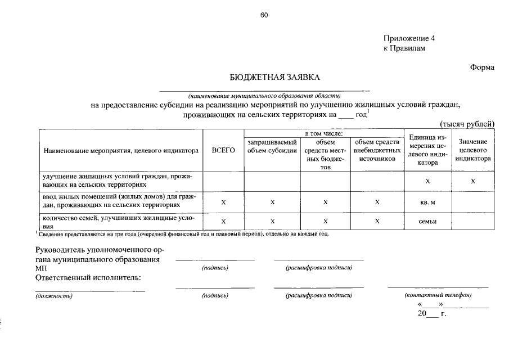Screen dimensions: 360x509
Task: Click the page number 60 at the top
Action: click(x=264, y=15)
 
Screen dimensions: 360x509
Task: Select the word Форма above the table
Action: click(x=482, y=67)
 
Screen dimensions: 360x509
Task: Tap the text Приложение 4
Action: click(x=409, y=39)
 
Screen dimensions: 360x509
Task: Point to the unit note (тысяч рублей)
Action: click(x=466, y=124)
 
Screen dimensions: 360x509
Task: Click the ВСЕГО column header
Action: click(x=223, y=151)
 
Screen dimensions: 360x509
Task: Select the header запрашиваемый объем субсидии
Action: click(x=272, y=146)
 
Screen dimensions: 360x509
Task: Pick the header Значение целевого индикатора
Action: click(x=472, y=150)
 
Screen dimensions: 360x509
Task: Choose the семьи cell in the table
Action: click(x=427, y=221)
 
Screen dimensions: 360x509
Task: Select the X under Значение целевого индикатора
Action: click(x=472, y=181)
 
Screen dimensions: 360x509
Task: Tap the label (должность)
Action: click(x=54, y=295)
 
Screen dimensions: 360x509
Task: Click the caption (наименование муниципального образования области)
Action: click(x=264, y=94)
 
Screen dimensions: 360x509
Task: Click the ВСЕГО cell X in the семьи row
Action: click(x=223, y=221)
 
